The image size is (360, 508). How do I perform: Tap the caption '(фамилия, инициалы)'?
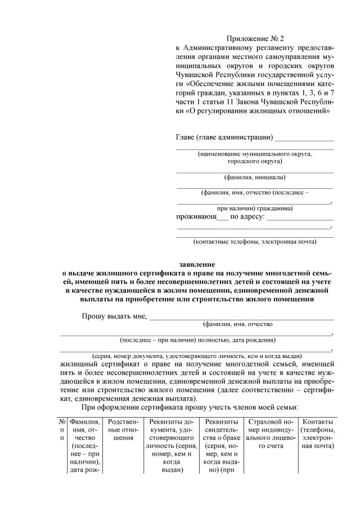point(254,178)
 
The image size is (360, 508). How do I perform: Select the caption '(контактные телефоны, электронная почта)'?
point(254,242)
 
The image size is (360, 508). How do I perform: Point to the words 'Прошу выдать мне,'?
point(114,316)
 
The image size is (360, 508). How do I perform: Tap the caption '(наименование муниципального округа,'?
point(254,153)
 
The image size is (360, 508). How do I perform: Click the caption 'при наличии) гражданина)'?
point(254,207)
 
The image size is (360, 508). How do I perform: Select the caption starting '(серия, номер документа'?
point(197,356)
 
